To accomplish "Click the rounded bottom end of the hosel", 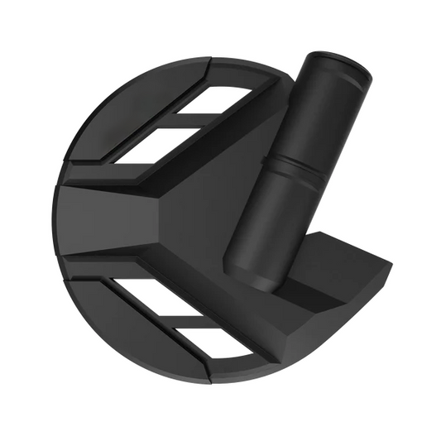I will [x=249, y=276].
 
